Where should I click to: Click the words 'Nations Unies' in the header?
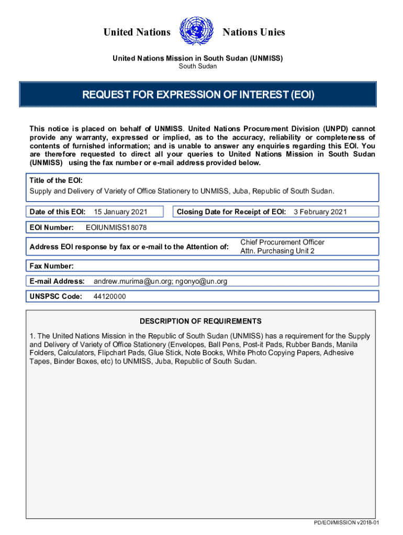(254, 32)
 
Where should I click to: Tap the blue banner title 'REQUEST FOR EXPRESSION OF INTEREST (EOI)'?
(198, 95)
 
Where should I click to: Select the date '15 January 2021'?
(120, 212)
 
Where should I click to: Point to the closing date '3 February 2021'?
(320, 212)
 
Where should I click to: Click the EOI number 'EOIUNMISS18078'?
(116, 227)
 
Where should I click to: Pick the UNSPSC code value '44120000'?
(109, 297)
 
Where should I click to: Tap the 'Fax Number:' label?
(51, 266)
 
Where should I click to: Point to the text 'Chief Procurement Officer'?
(282, 242)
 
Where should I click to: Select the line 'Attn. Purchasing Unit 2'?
(277, 251)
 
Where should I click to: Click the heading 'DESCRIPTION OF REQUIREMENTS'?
(200, 321)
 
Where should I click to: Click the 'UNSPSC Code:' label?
(56, 297)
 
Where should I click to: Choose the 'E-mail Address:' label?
(57, 282)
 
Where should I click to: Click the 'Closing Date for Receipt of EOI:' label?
(231, 212)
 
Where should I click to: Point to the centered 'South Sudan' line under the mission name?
(198, 66)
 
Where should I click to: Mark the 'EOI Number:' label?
(51, 227)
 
